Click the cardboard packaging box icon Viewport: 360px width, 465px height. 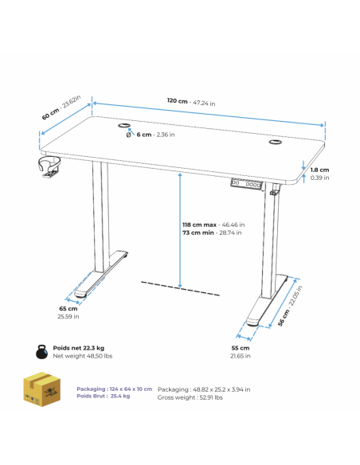(x=41, y=389)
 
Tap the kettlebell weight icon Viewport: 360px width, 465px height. (x=41, y=352)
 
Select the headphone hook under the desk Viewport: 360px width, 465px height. (x=49, y=167)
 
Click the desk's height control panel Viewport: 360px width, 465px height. (x=247, y=184)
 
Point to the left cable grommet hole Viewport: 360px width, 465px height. (x=124, y=126)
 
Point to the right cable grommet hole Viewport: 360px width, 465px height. (x=276, y=142)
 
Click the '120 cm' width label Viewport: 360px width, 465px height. (x=177, y=101)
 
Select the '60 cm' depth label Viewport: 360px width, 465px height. (x=50, y=115)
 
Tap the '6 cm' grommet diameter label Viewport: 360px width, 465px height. (x=144, y=135)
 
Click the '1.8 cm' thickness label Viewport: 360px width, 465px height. (x=319, y=170)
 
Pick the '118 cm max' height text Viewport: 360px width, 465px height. (x=199, y=225)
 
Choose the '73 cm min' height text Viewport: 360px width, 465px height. (x=198, y=232)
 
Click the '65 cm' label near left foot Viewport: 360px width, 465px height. (x=68, y=309)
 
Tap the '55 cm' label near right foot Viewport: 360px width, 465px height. (x=241, y=348)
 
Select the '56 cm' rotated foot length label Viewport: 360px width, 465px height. (x=283, y=318)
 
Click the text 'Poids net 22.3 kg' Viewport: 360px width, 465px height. (x=79, y=348)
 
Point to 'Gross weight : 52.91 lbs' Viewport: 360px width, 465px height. (x=190, y=397)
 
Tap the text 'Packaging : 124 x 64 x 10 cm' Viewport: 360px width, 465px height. (x=115, y=389)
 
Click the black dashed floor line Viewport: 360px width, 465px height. (x=180, y=288)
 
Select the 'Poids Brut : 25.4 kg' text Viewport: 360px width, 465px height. (x=104, y=397)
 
